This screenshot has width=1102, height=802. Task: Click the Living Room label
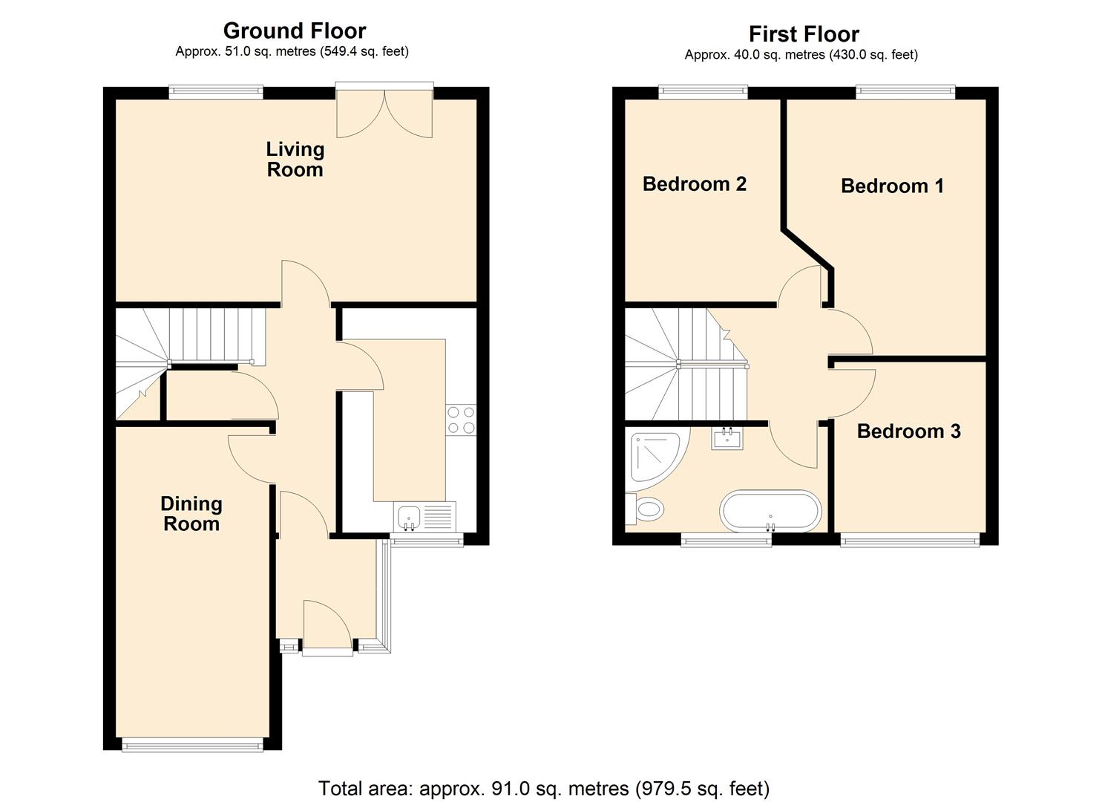295,160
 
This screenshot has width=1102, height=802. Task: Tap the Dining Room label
191,514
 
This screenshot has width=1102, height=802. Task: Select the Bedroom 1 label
892,186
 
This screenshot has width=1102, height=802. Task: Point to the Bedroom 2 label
694,183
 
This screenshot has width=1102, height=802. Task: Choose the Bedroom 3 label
908,431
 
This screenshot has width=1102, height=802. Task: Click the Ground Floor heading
295,30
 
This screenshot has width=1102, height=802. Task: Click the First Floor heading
804,34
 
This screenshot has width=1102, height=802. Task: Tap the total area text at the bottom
544,788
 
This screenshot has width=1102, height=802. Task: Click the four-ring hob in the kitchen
461,420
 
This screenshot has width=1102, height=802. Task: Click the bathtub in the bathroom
770,511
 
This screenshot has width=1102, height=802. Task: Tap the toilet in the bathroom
644,509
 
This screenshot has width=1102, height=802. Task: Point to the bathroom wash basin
727,439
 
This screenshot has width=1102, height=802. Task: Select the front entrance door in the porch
327,627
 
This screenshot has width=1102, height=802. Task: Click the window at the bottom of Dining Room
192,745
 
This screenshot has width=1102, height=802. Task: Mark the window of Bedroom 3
910,541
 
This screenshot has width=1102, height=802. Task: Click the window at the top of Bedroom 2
703,91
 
